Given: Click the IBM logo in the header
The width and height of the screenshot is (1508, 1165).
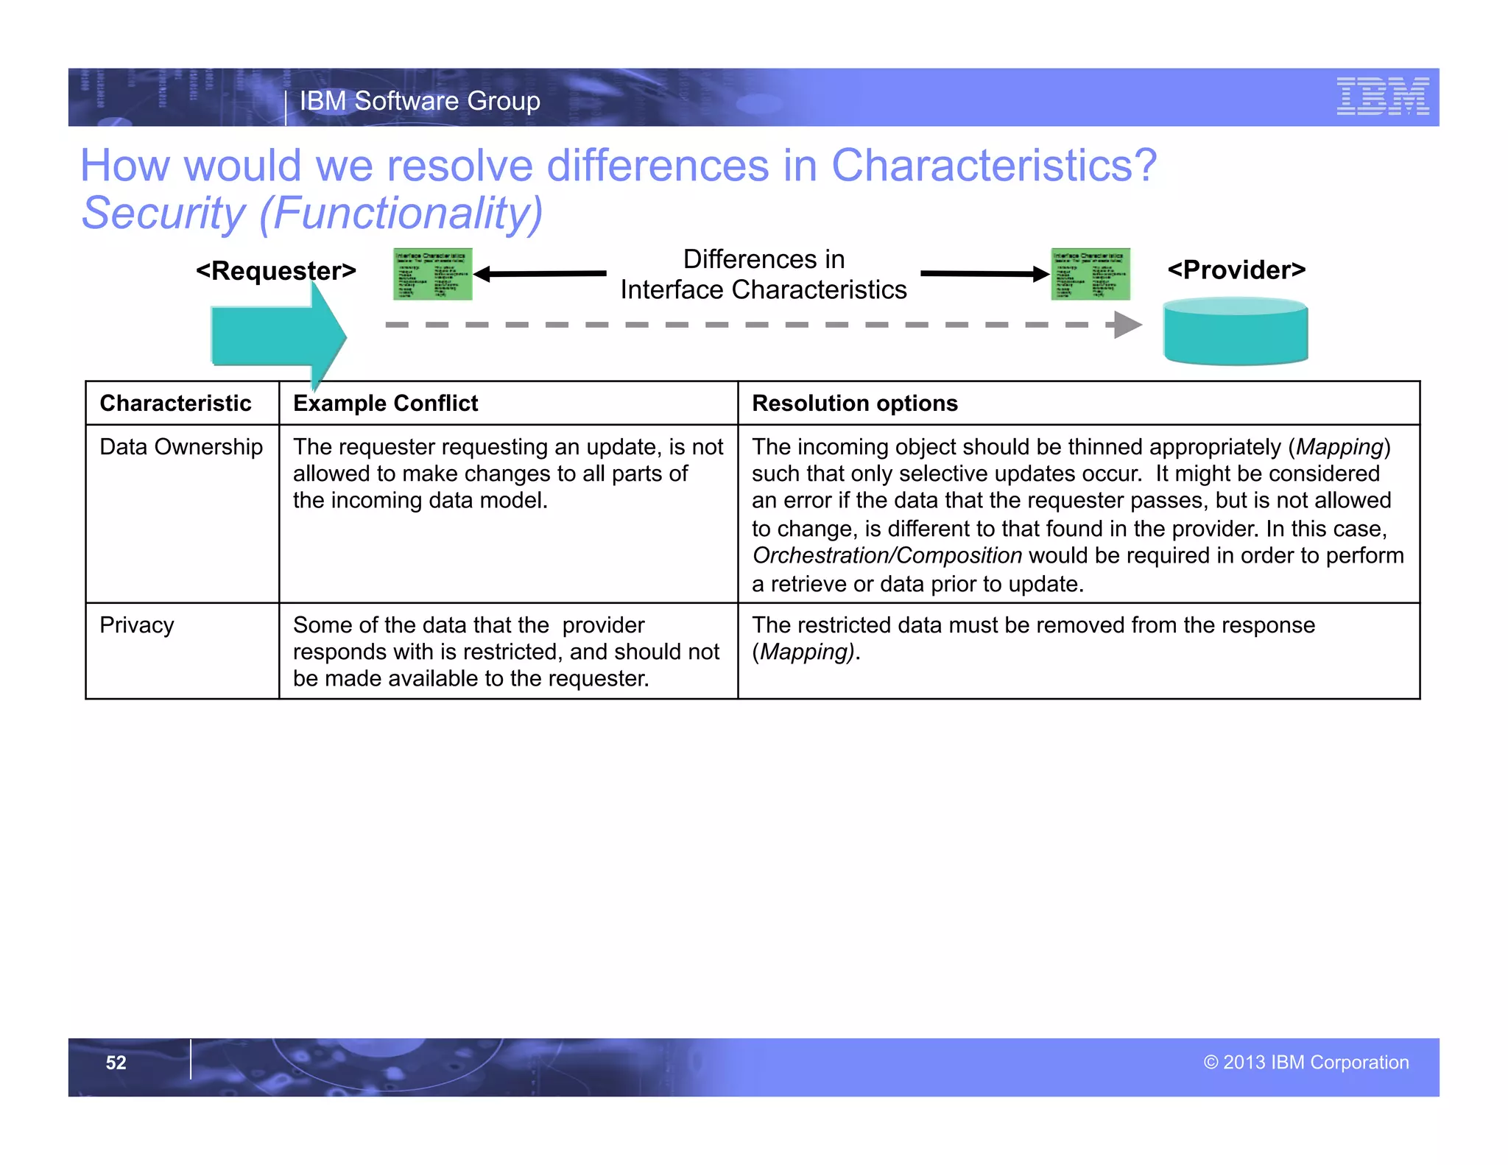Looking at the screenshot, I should pyautogui.click(x=1382, y=96).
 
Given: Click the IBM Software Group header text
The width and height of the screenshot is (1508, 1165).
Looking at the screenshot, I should pyautogui.click(x=420, y=101).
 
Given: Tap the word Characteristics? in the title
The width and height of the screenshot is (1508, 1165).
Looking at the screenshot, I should pyautogui.click(x=993, y=165).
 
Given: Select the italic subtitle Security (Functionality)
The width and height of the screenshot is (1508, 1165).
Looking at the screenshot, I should pyautogui.click(x=311, y=213).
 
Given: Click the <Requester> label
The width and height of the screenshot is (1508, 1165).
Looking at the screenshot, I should pyautogui.click(x=276, y=271).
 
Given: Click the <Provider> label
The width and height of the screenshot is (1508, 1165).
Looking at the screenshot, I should pyautogui.click(x=1236, y=270).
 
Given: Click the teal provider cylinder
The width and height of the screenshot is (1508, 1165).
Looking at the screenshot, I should pyautogui.click(x=1235, y=333).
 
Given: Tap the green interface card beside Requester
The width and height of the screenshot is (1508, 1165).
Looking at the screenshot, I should pyautogui.click(x=432, y=274).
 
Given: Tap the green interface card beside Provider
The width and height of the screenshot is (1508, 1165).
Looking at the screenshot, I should pyautogui.click(x=1090, y=274).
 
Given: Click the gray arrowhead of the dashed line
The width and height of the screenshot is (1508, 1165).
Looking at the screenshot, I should pyautogui.click(x=1127, y=325).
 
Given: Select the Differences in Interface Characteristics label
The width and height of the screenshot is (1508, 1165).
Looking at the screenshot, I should pyautogui.click(x=763, y=275).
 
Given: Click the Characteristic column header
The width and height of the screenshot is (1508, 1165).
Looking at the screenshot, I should pyautogui.click(x=175, y=404).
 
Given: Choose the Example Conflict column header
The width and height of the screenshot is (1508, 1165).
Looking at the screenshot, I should pyautogui.click(x=385, y=404).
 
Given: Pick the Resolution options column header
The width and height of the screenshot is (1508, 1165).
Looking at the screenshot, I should pyautogui.click(x=854, y=404).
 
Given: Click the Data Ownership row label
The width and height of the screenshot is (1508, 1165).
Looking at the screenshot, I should pyautogui.click(x=181, y=447).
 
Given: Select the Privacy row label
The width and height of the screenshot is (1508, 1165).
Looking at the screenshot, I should pyautogui.click(x=137, y=625).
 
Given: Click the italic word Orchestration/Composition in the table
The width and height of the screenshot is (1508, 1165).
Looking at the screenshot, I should pyautogui.click(x=887, y=556).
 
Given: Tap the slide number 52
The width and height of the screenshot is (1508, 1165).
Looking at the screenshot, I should pyautogui.click(x=116, y=1063).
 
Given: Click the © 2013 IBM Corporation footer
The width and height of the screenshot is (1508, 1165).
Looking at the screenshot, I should pyautogui.click(x=1306, y=1063).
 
